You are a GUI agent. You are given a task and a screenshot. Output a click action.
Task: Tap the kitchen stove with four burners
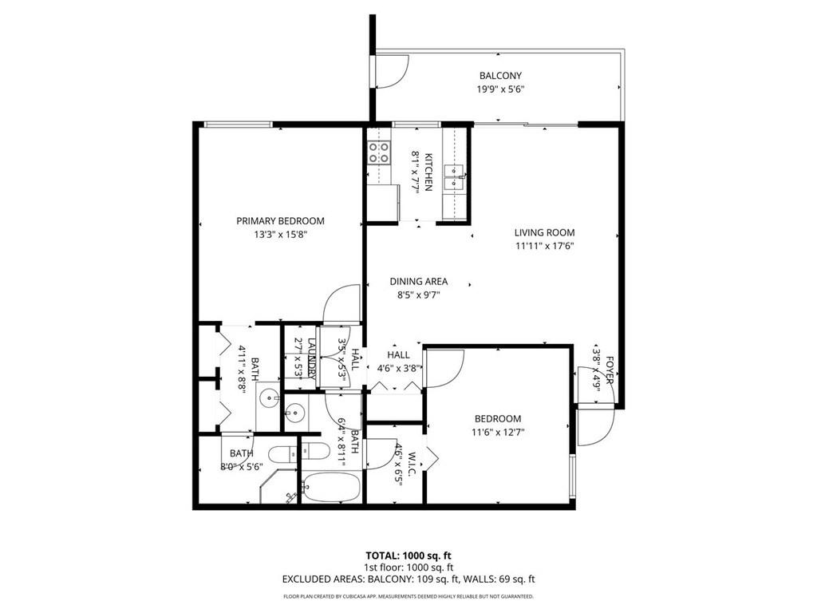379,152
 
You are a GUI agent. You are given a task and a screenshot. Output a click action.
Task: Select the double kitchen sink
455,176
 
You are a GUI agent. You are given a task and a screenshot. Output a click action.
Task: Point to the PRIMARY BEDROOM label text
280,221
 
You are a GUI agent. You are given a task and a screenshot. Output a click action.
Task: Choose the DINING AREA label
418,281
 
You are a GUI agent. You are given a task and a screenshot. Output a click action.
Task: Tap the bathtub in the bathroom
330,488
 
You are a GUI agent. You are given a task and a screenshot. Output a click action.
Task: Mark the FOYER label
609,371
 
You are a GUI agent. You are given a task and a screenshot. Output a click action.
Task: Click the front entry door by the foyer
594,425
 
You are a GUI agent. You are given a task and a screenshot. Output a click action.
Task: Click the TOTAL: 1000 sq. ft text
408,556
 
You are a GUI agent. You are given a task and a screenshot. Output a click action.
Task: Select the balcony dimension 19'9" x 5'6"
500,89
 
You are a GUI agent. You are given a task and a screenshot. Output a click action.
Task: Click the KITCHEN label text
428,172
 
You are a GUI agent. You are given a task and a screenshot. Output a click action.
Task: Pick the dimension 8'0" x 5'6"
242,466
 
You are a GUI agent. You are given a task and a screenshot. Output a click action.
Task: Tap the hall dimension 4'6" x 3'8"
398,368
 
